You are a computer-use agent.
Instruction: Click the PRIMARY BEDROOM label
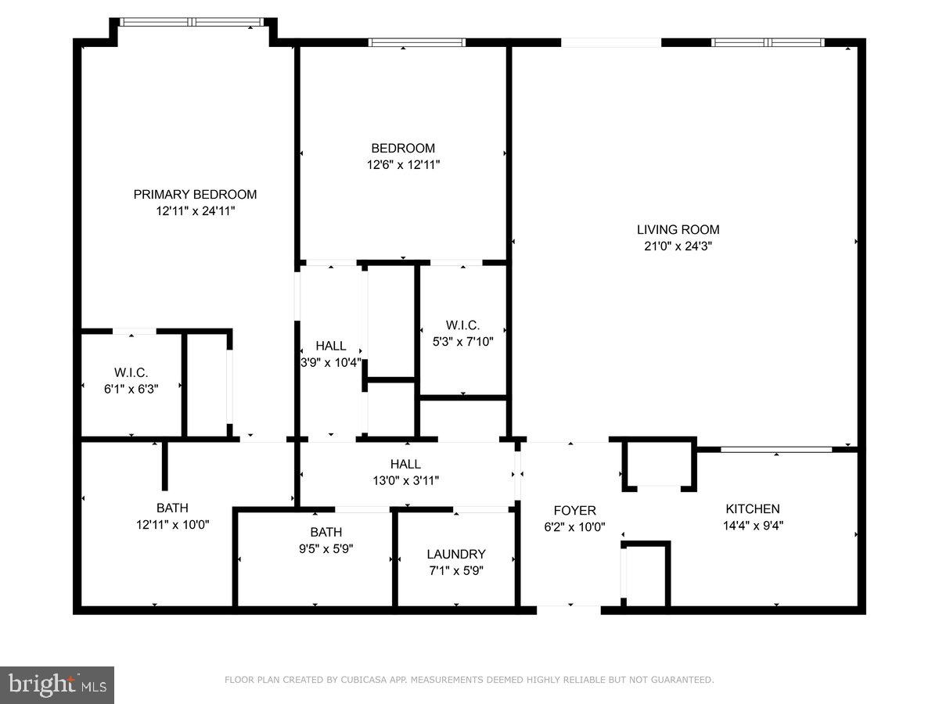(195, 195)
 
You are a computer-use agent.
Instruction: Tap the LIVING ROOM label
(678, 229)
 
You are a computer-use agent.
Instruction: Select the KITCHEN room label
(752, 509)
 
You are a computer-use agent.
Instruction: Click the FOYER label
(574, 511)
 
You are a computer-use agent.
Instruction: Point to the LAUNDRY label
(456, 554)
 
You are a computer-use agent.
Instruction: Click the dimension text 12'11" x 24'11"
(195, 211)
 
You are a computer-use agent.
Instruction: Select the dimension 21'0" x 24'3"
(678, 246)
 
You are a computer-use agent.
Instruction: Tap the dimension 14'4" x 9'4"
(752, 526)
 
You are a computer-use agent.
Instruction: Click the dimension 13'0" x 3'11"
(405, 480)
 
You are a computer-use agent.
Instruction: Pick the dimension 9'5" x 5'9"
(326, 548)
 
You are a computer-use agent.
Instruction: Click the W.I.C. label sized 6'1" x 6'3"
(131, 373)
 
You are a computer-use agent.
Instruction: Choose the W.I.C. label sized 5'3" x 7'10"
(462, 325)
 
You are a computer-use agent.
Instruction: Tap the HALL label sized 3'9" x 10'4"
(331, 346)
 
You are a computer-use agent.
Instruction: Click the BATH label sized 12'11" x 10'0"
(172, 508)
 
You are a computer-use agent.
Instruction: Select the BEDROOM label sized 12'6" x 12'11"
(403, 148)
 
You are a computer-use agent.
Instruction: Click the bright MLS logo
(57, 685)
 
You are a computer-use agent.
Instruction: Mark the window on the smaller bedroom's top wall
(417, 42)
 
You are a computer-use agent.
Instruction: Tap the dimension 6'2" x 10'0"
(574, 527)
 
